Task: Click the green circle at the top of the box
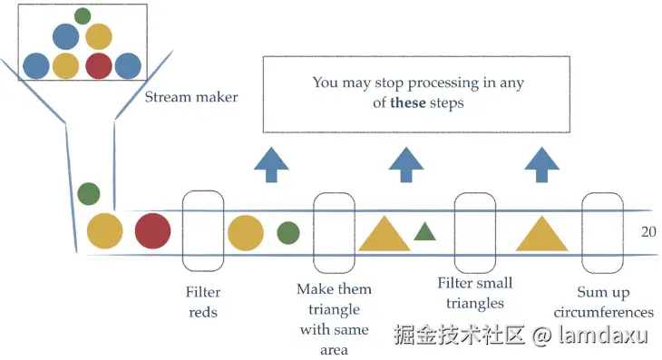point(83,16)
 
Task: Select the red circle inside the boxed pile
point(99,66)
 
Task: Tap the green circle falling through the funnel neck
point(89,194)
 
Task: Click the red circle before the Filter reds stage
point(153,231)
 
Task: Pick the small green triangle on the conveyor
point(424,232)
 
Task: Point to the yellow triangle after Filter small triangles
point(541,234)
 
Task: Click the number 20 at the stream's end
point(648,232)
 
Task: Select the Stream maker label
point(191,97)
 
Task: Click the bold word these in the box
point(408,102)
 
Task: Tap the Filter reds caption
point(203,302)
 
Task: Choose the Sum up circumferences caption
point(603,302)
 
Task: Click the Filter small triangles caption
point(475,293)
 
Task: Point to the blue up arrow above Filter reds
point(271,165)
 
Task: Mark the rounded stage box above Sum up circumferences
point(582,233)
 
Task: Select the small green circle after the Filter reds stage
point(288,232)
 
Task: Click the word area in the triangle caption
point(334,350)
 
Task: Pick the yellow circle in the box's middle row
point(99,36)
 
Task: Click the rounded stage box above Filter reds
point(182,231)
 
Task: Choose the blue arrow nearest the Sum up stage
point(541,165)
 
